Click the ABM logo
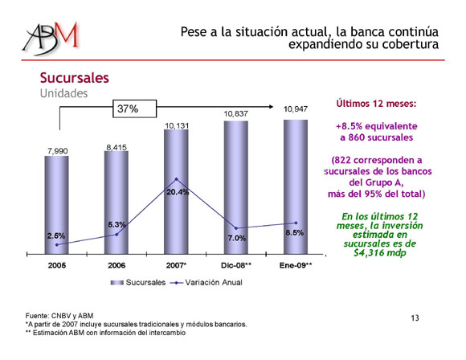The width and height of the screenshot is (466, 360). (51, 39)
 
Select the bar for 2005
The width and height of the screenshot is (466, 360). (56, 205)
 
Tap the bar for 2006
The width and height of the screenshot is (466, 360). (117, 202)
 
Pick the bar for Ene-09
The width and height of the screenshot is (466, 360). (296, 187)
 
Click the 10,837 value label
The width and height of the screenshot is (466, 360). (235, 114)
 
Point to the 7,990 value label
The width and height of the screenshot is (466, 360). (57, 151)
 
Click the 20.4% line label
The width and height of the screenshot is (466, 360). (178, 192)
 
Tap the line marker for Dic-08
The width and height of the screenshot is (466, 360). (236, 228)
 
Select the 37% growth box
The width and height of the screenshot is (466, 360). (135, 108)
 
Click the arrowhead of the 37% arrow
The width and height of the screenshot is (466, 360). (271, 107)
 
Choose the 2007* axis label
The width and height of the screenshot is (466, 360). (176, 265)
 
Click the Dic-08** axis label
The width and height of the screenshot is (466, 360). (236, 265)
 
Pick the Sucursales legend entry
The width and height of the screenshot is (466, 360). (138, 282)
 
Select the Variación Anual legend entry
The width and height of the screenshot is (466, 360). (206, 282)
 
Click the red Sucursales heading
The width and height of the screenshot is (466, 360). (74, 78)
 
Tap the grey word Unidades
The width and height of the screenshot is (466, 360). (64, 93)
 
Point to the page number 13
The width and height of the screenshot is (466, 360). (415, 318)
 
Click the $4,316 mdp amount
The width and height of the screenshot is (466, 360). (380, 252)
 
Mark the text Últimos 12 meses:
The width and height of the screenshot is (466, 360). (376, 104)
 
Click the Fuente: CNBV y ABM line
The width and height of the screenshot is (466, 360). (59, 316)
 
